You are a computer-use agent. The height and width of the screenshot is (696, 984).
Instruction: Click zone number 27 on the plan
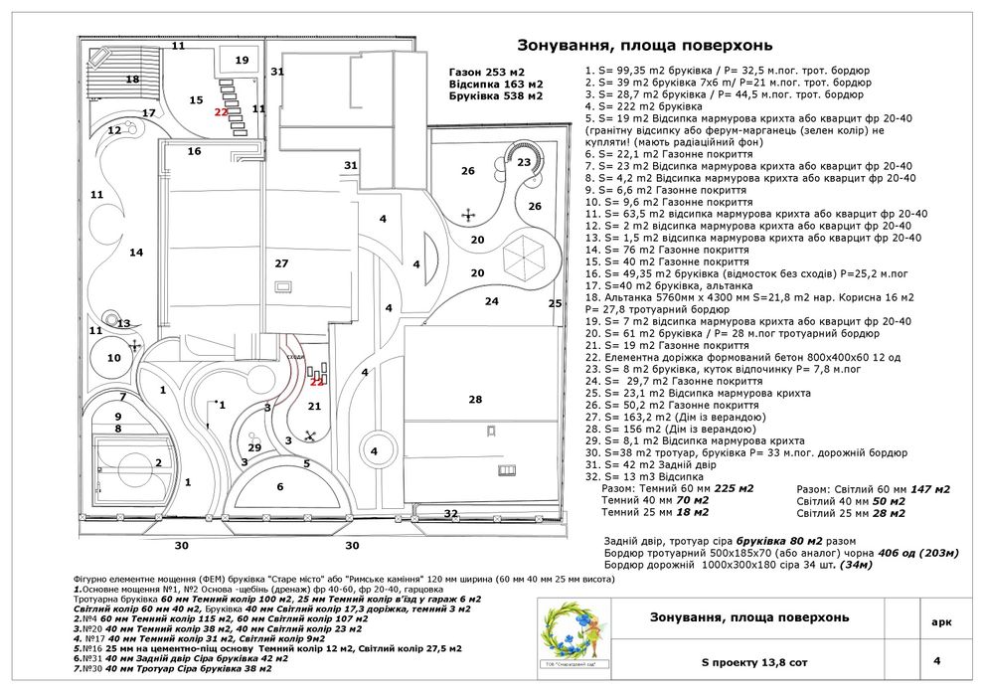click(x=281, y=263)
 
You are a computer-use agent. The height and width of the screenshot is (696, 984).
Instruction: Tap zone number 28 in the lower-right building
click(x=475, y=399)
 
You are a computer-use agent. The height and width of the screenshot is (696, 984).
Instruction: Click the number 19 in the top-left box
click(x=242, y=61)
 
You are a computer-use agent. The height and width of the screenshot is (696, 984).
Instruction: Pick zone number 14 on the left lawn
click(x=136, y=253)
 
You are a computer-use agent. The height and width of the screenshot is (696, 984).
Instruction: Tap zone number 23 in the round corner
click(x=524, y=162)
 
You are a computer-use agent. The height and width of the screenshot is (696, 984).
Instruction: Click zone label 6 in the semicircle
click(x=280, y=486)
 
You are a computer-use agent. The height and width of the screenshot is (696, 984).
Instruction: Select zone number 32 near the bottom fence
click(x=451, y=513)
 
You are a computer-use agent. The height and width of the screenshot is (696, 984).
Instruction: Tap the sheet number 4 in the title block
click(x=936, y=659)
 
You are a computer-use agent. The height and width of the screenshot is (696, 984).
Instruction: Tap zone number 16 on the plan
click(x=194, y=151)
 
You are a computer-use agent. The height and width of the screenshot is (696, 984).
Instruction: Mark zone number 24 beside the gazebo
click(x=491, y=300)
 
